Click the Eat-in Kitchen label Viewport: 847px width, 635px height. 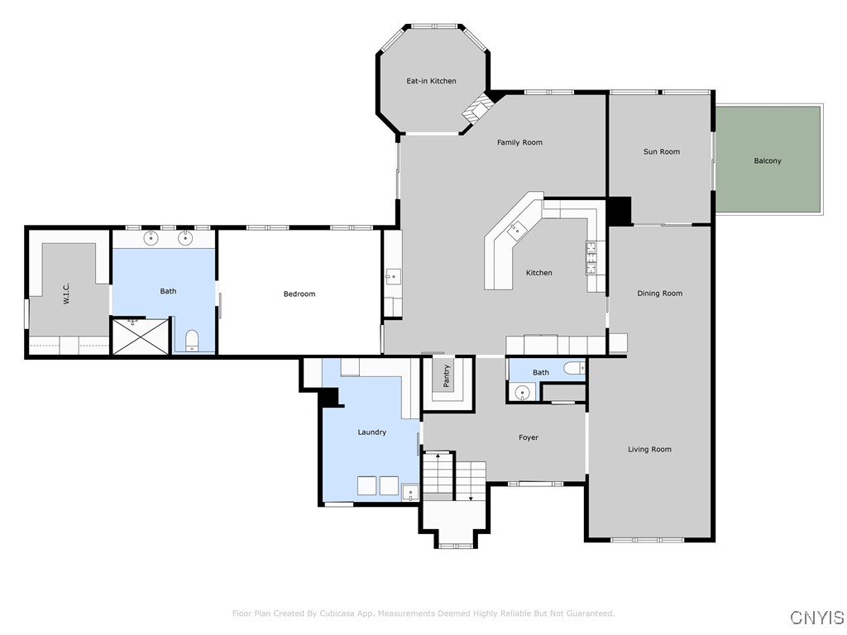(431, 81)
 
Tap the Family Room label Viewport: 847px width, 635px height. (519, 142)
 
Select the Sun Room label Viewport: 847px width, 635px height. (662, 151)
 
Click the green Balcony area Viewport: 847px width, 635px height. (768, 160)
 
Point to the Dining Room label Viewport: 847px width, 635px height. (659, 294)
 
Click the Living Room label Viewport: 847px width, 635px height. (649, 449)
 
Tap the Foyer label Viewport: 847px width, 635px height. (529, 437)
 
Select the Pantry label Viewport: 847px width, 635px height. (447, 376)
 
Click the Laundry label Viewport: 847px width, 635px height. (371, 432)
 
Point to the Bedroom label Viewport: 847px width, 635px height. (299, 294)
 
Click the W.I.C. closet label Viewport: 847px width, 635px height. (66, 294)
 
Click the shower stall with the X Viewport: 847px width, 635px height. (140, 337)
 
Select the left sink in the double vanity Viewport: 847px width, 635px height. (151, 239)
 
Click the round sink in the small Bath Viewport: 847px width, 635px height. (521, 393)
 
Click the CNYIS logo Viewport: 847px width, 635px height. (816, 618)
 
